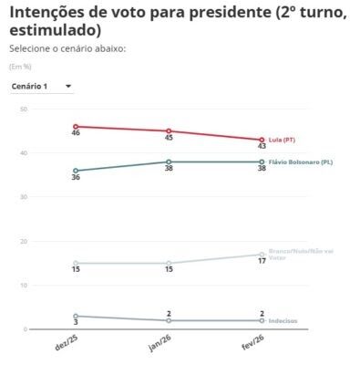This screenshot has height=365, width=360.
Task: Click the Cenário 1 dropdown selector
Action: pos(42,86)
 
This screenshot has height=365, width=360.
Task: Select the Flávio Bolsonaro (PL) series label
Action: pos(301,162)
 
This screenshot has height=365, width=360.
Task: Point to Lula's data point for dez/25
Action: pos(76,127)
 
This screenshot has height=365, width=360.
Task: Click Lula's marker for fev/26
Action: pos(262,140)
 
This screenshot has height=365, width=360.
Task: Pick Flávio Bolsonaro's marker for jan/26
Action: pos(169,162)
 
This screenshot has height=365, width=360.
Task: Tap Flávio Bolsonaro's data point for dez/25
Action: pos(76,171)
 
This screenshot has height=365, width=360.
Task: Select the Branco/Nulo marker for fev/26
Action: pos(262,255)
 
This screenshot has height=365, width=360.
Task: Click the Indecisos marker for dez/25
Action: pos(76,316)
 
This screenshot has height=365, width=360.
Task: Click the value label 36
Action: pos(76,180)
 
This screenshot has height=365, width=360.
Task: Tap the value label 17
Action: pos(262,265)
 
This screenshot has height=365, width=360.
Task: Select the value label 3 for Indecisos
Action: pos(76,325)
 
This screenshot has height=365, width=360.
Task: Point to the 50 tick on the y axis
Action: pos(23,109)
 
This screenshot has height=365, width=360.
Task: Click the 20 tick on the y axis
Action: pos(23,241)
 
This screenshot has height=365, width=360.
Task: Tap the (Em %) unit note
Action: pos(19,67)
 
